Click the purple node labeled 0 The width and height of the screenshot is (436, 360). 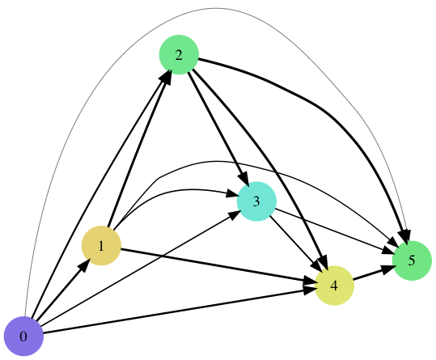point(23,336)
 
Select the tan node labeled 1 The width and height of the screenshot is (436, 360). point(101,245)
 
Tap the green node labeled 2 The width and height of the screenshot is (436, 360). point(179,55)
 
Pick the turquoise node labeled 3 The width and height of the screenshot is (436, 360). point(256,201)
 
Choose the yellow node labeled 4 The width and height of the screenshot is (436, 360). point(334,286)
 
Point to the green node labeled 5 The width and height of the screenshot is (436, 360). point(412,260)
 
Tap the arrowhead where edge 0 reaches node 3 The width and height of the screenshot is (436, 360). point(234,214)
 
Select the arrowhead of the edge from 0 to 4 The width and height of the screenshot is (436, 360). point(310,290)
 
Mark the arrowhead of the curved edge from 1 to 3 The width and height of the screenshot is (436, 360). point(231,193)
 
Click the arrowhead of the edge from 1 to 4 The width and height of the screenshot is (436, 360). point(310,281)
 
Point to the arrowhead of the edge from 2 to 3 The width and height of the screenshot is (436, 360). point(243,179)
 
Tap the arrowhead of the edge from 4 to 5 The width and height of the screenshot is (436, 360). point(389,269)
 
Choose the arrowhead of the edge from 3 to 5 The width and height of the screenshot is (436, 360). point(388,251)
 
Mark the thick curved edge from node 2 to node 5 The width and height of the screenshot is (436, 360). point(328,114)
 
